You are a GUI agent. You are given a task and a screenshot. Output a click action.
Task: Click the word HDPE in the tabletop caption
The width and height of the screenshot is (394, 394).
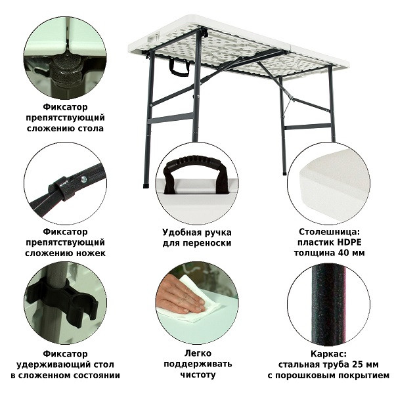pos(349,242)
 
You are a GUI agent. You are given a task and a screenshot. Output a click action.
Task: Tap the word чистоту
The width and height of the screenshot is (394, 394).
pos(198,375)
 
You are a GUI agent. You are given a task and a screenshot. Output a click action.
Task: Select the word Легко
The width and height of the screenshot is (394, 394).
pos(198,353)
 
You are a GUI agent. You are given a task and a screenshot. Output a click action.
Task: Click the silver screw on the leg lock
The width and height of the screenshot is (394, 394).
pos(83,179)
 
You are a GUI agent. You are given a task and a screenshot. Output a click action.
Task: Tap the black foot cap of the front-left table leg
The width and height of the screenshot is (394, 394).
pos(146,186)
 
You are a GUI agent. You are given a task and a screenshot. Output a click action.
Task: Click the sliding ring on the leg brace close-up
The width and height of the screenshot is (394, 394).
pos(62,188)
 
